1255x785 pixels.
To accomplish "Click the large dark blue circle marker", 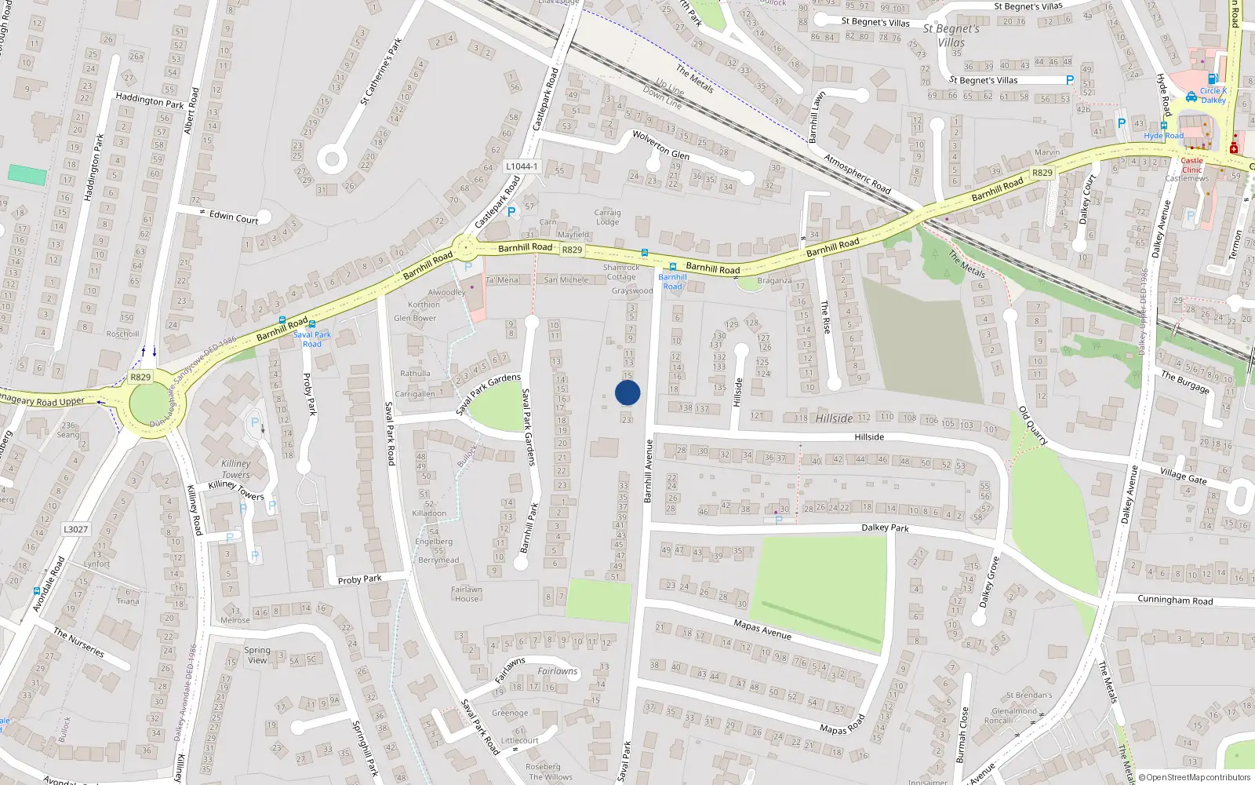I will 627,392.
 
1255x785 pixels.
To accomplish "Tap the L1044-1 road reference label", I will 522,166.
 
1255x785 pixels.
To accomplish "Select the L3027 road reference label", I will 76,529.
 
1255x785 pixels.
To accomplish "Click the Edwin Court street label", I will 234,217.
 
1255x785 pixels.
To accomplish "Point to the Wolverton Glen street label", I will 661,145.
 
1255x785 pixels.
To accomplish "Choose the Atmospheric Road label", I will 857,173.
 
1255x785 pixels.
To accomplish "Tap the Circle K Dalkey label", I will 1213,96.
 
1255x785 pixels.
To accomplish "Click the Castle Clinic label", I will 1191,165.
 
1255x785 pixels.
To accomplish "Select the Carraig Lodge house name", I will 607,217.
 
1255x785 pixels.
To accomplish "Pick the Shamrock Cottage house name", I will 621,272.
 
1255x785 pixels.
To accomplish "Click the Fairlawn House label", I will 467,594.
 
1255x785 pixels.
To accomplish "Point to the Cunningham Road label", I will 1175,601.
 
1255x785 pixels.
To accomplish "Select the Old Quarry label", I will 1033,425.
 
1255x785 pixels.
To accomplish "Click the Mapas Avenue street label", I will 762,630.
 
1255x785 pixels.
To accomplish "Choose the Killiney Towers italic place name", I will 235,469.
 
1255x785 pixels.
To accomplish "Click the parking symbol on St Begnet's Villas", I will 1069,80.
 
